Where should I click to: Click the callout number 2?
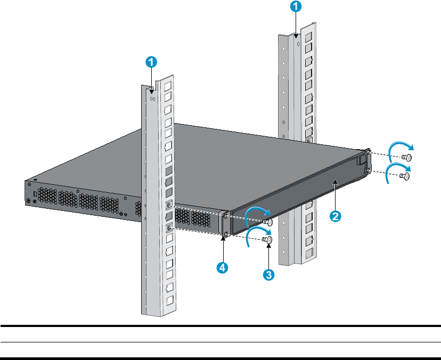pos(335,217)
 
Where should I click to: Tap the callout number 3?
pos(269,275)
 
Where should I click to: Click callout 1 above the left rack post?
pos(152,62)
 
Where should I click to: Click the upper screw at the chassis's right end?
pos(406,157)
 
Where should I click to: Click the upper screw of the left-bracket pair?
pos(268,222)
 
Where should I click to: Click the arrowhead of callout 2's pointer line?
pos(334,183)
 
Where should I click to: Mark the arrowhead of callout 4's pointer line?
pos(224,239)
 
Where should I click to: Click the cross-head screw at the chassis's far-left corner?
pos(28,201)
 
